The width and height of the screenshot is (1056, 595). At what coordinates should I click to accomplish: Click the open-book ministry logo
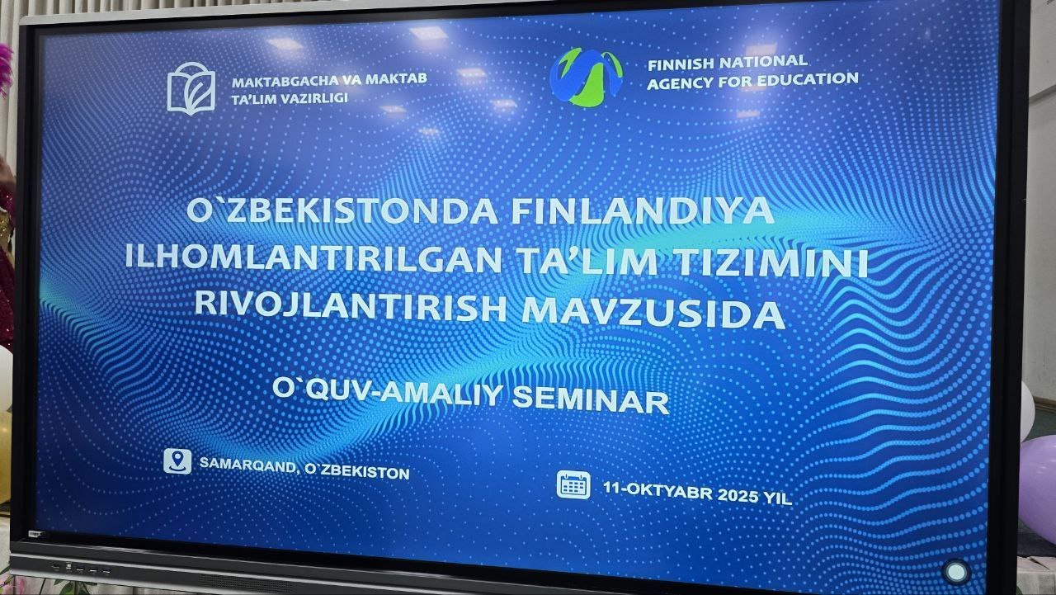191,88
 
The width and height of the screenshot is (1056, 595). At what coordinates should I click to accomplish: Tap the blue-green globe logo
586,78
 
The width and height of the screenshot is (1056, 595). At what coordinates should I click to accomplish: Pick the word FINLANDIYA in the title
642,210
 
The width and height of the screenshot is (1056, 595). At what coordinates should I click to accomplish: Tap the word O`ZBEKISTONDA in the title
342,210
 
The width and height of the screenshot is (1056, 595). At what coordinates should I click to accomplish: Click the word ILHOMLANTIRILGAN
313,258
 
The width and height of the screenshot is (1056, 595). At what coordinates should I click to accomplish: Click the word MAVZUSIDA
653,313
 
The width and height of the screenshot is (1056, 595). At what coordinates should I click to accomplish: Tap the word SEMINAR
591,399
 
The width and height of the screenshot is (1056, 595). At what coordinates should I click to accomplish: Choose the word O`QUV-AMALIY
388,392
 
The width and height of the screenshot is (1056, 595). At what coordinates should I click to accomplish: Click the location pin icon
177,460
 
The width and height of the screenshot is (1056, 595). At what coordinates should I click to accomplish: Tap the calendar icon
573,484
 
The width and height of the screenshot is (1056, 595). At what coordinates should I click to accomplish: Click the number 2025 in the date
738,494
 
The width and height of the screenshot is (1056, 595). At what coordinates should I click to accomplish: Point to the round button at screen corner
956,572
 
